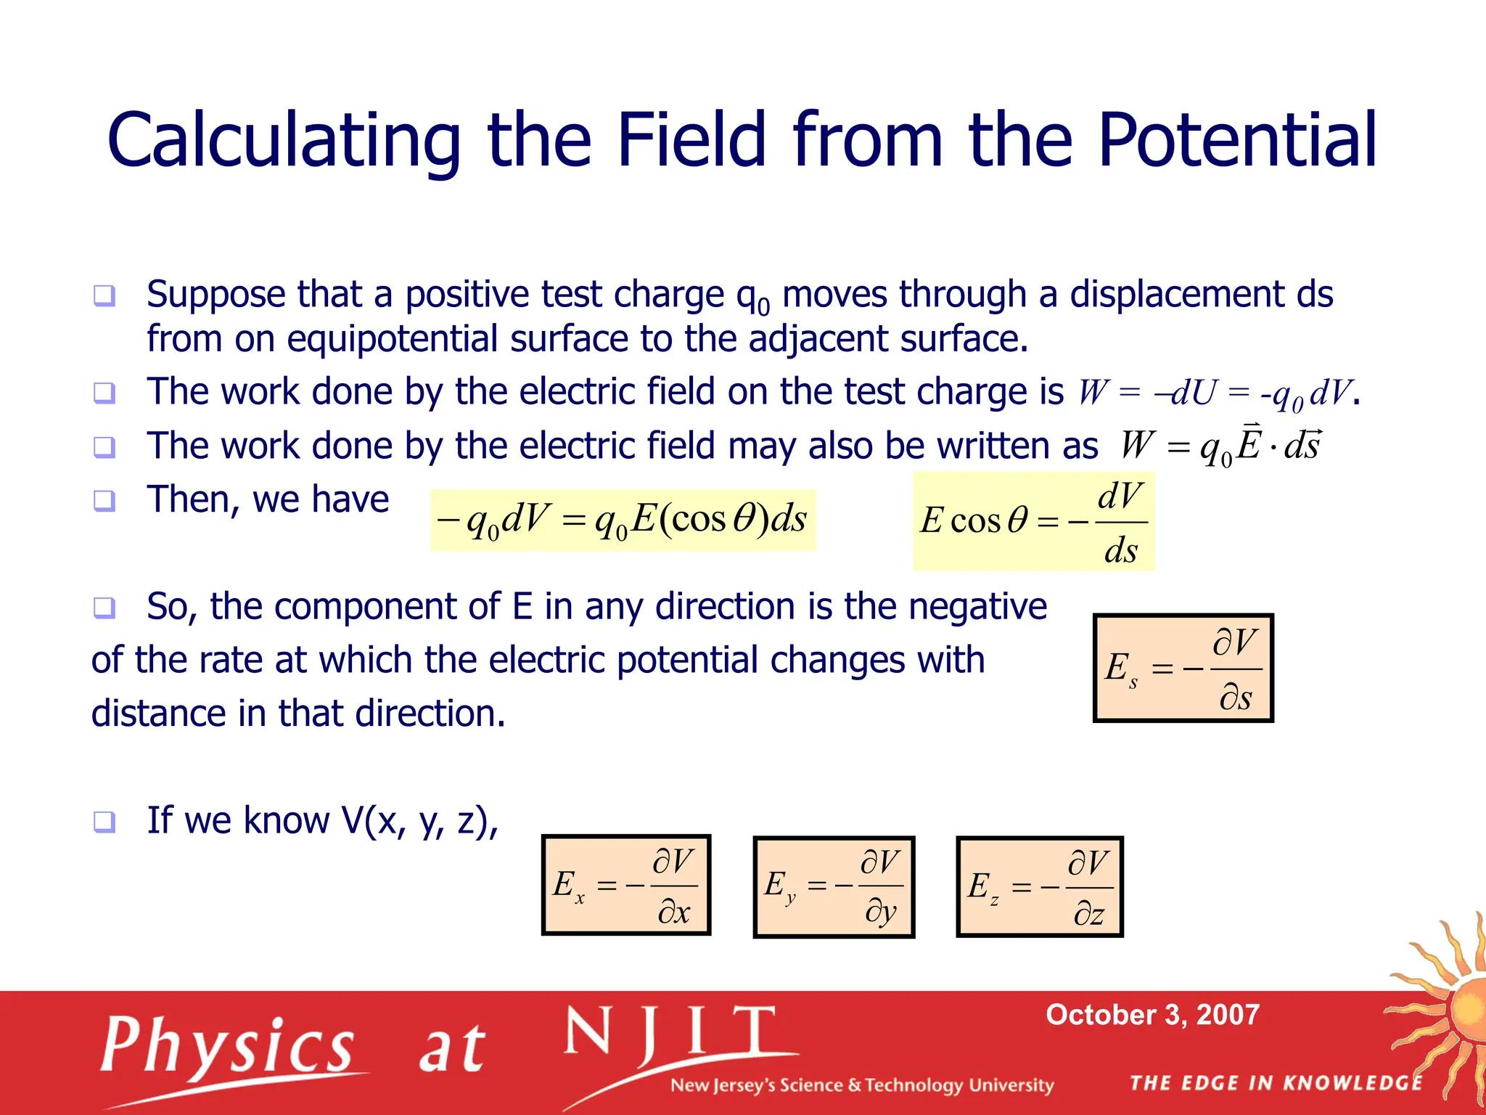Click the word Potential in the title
pos(1236,139)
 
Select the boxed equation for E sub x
pos(625,885)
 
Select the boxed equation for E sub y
pos(834,886)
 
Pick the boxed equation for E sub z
pos(1039,886)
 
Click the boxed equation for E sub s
pos(1183,668)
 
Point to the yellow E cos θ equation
pos(1033,521)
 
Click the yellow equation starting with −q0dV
pos(623,520)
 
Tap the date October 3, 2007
pos(1152,1014)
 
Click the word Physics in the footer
pos(228,1046)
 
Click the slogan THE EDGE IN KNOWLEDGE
pos(1276,1083)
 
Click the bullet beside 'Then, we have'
pos(104,500)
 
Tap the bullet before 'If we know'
pos(104,822)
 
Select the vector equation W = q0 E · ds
pos(1219,445)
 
